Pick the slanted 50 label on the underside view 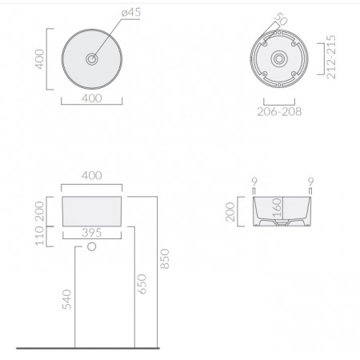point(279,19)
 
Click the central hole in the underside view point(278,58)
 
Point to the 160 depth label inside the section point(277,212)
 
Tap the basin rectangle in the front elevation point(93,210)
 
